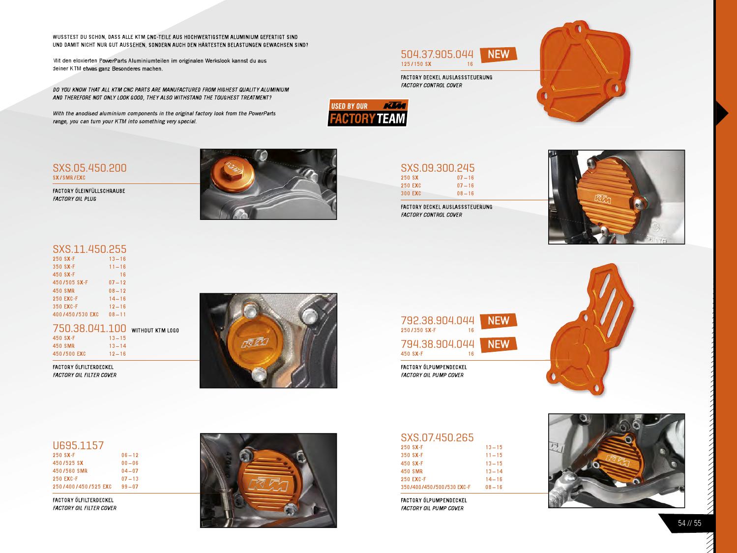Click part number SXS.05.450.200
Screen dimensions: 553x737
point(89,168)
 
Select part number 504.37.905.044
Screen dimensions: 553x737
point(437,54)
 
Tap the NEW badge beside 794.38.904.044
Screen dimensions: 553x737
point(498,344)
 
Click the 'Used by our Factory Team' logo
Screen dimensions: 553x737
point(368,113)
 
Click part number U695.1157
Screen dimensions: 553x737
point(78,446)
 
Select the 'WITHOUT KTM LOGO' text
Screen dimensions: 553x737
point(155,330)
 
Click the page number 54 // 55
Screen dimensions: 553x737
point(689,523)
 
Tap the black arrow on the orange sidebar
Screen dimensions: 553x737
point(721,113)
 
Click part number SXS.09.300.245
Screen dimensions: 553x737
point(438,168)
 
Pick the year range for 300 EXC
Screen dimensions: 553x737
point(465,193)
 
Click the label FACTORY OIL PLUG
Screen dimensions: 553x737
point(74,199)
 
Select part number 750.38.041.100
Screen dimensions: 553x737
point(89,328)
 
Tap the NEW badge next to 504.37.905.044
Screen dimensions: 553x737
point(498,54)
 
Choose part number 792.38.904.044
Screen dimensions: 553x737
point(438,320)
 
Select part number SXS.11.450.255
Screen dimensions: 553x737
point(89,249)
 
